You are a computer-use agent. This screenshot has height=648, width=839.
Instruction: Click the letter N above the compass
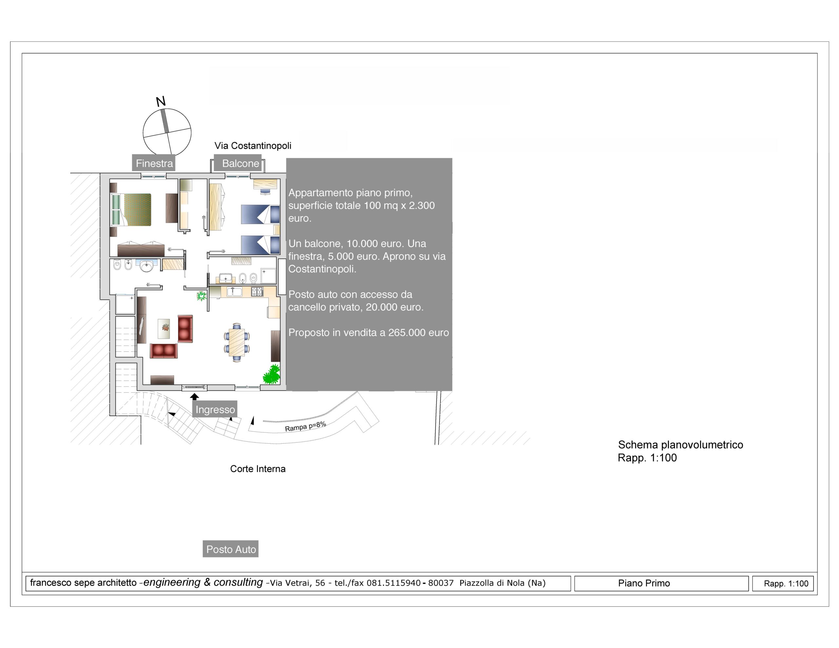[x=161, y=101]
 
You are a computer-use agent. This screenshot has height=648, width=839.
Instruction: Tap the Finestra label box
[x=154, y=163]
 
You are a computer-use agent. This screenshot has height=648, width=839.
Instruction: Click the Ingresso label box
[x=215, y=409]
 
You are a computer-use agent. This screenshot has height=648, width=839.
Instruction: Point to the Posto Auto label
[x=230, y=549]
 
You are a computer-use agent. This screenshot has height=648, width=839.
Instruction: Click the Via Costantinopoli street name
[x=253, y=146]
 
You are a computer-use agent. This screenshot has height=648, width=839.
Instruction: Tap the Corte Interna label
[x=258, y=469]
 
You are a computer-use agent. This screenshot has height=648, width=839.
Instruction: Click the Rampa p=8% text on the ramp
[x=305, y=426]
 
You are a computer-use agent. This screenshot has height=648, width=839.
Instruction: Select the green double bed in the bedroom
[x=131, y=210]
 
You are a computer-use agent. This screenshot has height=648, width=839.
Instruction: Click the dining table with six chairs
[x=237, y=342]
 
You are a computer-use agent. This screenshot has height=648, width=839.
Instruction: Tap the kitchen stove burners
[x=257, y=291]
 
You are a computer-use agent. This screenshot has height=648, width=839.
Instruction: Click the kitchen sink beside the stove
[x=234, y=291]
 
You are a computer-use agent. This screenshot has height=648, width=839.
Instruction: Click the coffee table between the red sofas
[x=164, y=328]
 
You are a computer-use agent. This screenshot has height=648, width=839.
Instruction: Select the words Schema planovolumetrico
[x=680, y=445]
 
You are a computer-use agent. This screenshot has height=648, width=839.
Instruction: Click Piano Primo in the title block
[x=644, y=583]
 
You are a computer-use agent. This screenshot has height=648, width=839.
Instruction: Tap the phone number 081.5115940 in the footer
[x=394, y=583]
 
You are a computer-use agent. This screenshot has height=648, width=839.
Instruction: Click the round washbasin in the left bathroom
[x=146, y=266]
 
